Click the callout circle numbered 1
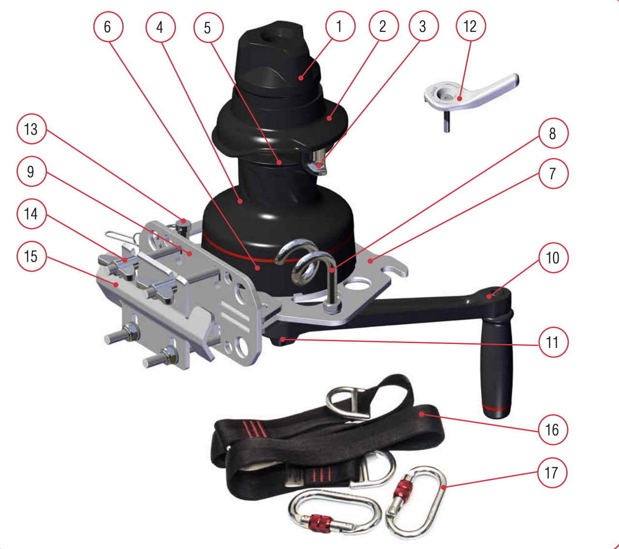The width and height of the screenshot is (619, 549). pos(340,26)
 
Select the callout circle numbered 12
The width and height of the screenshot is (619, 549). pos(471,26)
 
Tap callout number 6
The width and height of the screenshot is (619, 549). pos(108,27)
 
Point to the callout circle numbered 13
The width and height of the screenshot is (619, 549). pos(31,129)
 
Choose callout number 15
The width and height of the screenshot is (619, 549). pos(31,256)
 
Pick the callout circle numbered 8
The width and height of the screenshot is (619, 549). pos(553,133)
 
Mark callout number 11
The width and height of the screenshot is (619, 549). pos(553,342)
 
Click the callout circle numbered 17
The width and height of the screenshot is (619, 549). pos(552,473)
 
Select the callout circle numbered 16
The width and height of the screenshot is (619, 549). pos(553,430)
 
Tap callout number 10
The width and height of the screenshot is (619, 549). pos(553,258)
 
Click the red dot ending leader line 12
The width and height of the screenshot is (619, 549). pos(459,99)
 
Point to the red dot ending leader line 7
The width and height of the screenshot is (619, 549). pos(370,261)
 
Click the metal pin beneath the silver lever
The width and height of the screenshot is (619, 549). pos(447,121)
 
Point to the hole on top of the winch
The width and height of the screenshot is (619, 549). pos(271,40)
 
